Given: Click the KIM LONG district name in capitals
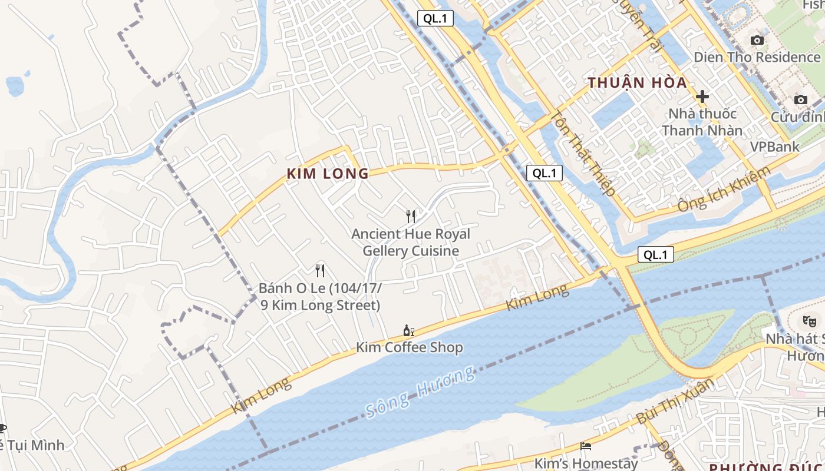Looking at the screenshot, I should [x=328, y=174].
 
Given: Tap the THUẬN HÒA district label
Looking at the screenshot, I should [x=638, y=82].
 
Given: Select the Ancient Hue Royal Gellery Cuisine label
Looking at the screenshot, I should [x=411, y=243].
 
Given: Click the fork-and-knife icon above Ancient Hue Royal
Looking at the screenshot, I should [x=411, y=217].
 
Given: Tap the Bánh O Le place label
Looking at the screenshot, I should [x=321, y=297].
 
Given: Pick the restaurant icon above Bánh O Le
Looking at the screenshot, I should [x=320, y=271].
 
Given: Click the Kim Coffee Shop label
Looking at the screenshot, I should [x=409, y=347].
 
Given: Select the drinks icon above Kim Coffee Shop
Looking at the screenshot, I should [x=408, y=330].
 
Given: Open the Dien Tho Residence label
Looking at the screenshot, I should [x=757, y=57].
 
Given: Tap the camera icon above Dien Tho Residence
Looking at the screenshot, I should [x=757, y=40].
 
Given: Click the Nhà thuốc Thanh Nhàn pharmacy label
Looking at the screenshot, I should [x=702, y=122].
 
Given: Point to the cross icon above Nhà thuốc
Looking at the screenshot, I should [x=702, y=97].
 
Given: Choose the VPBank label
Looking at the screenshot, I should [x=774, y=147].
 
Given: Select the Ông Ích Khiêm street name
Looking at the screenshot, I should [x=724, y=189].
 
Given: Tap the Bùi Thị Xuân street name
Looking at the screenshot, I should [x=675, y=402].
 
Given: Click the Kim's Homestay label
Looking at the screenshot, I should [x=586, y=463].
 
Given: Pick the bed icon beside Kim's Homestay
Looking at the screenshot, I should [x=586, y=446].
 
